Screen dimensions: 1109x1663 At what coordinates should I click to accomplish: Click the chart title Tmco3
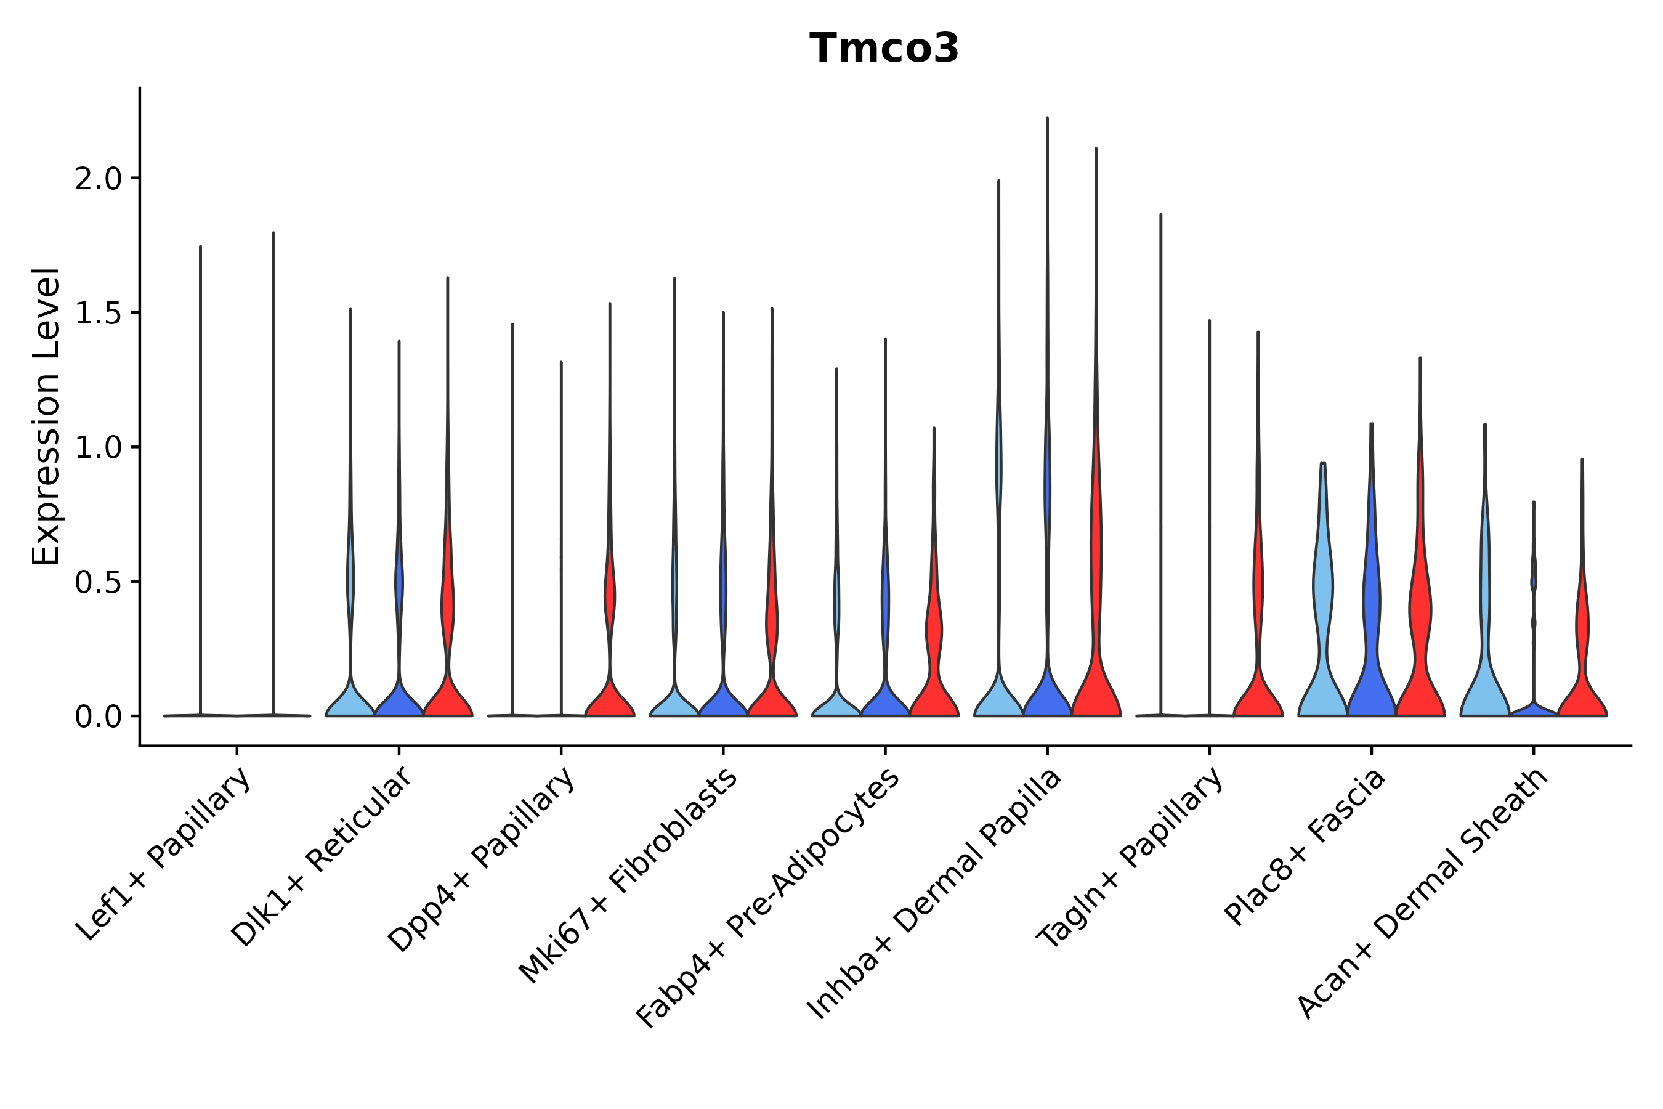(x=884, y=48)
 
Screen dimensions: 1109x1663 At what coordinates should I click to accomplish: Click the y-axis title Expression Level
(x=46, y=416)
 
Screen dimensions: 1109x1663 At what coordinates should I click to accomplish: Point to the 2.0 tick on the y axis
(x=99, y=179)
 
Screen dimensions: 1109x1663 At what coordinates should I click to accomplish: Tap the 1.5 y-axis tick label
(x=99, y=314)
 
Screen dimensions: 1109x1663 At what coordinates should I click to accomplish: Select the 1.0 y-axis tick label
(x=99, y=448)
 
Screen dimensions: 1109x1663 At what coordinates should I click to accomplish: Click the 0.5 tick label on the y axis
(x=99, y=582)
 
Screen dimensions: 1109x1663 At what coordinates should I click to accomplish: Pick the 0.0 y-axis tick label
(x=99, y=717)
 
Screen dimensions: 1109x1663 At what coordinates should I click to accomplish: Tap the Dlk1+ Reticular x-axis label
(x=322, y=856)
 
